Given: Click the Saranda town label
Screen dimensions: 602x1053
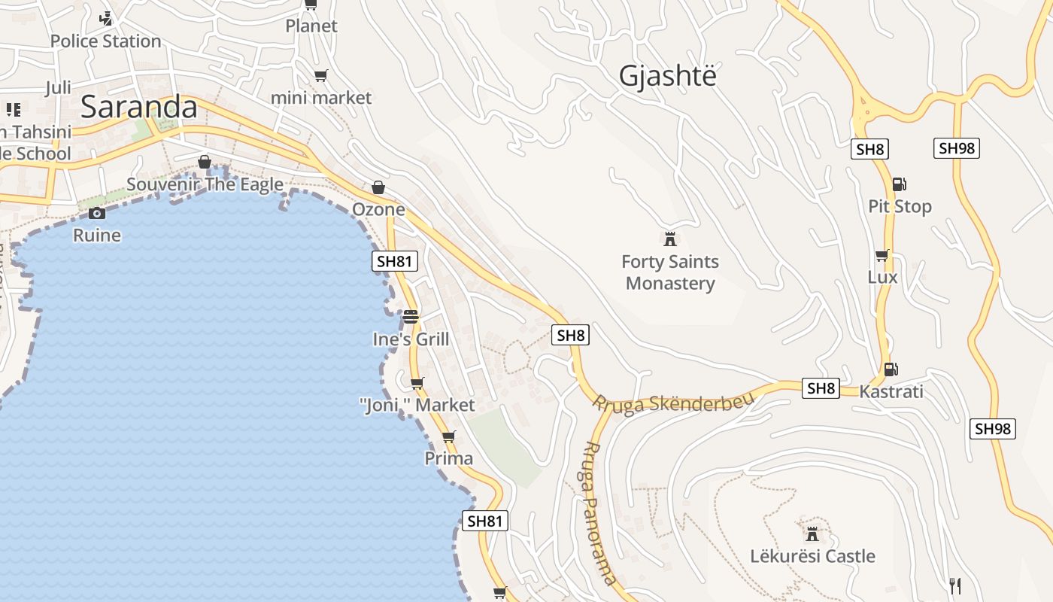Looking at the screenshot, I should [138, 107].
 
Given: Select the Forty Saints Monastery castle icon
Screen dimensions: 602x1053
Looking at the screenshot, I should [669, 239].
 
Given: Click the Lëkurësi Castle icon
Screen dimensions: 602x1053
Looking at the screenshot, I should [812, 534].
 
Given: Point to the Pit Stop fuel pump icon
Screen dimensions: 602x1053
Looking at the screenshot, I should [899, 184].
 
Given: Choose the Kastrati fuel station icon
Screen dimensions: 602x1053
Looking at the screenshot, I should [891, 369].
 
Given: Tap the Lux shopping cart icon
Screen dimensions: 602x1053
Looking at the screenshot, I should [882, 255].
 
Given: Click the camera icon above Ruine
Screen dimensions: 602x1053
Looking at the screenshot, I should [96, 213].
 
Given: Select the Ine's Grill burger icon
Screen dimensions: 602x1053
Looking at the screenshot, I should [410, 316].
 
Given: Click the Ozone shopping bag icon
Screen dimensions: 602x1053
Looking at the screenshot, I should [378, 187].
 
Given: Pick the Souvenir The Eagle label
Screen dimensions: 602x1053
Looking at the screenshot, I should [205, 184].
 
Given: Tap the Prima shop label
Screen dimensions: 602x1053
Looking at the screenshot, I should [449, 458].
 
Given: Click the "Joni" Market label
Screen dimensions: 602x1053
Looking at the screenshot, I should [417, 405].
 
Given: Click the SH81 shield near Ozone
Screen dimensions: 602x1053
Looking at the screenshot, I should [395, 261].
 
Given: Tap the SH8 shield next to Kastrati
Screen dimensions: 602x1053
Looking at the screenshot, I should [821, 388].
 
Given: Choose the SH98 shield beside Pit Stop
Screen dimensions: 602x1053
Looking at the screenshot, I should [957, 148].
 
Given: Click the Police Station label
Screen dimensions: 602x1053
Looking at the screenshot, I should [105, 41].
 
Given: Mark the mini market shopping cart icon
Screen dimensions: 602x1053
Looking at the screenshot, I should [320, 75].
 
